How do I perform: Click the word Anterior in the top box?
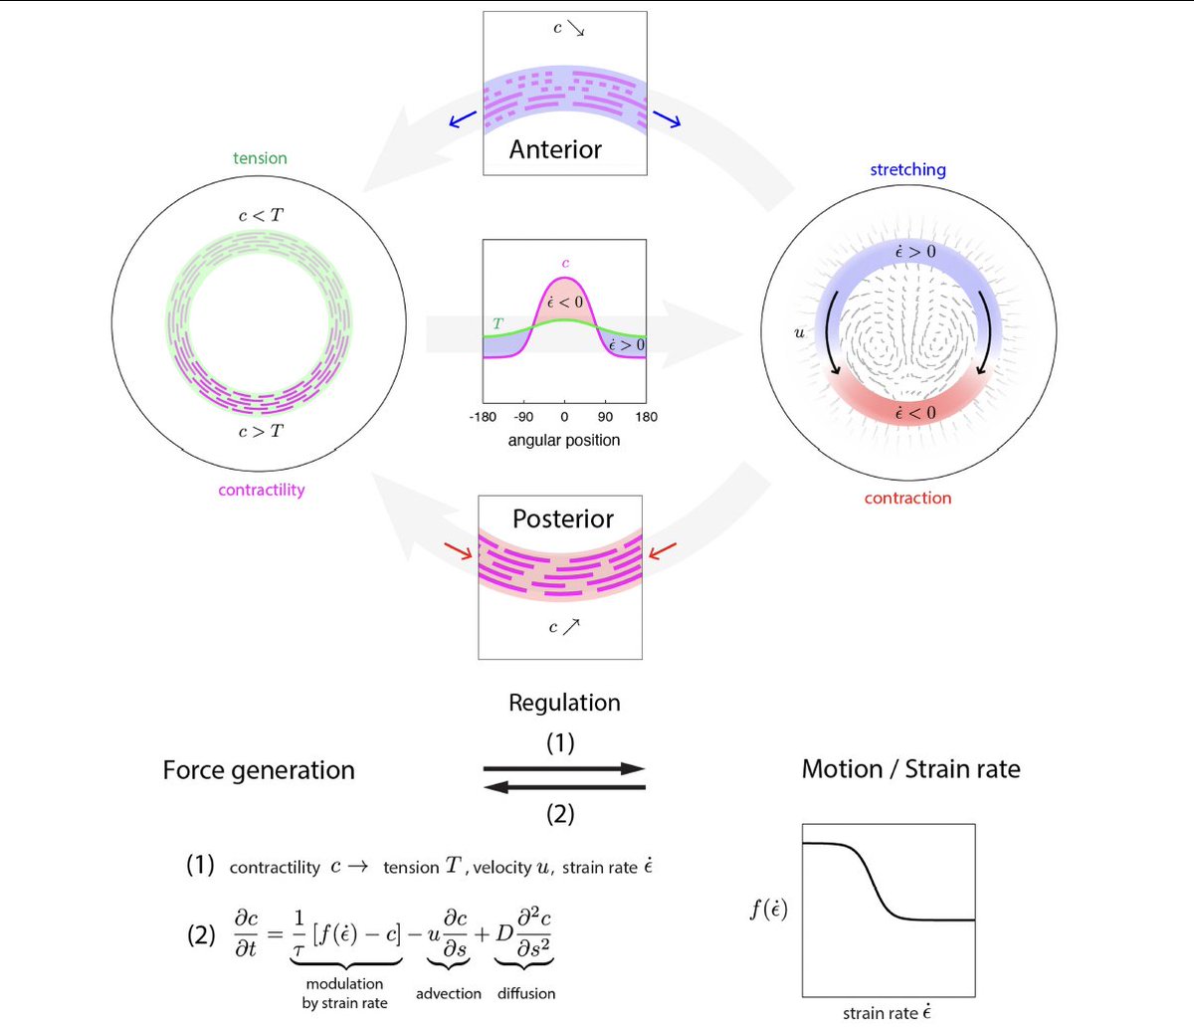point(555,149)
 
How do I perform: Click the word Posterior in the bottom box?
point(563,518)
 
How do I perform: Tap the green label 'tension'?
point(260,158)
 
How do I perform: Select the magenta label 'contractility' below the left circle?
point(262,490)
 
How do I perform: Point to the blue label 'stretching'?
point(907,169)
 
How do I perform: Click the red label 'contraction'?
point(907,498)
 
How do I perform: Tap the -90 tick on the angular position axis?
point(523,417)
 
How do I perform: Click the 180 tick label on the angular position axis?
point(647,417)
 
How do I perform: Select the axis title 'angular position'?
point(564,440)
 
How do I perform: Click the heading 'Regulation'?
point(564,703)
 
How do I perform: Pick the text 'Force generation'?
point(259,770)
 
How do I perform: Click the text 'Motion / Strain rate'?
point(910,769)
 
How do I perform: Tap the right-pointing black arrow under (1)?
point(564,769)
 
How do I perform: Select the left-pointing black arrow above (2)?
point(564,787)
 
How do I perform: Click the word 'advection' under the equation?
point(449,993)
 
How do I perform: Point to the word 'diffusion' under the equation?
point(526,993)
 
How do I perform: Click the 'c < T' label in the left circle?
point(261,215)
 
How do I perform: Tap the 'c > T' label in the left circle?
point(261,431)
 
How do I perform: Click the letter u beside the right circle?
point(799,333)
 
